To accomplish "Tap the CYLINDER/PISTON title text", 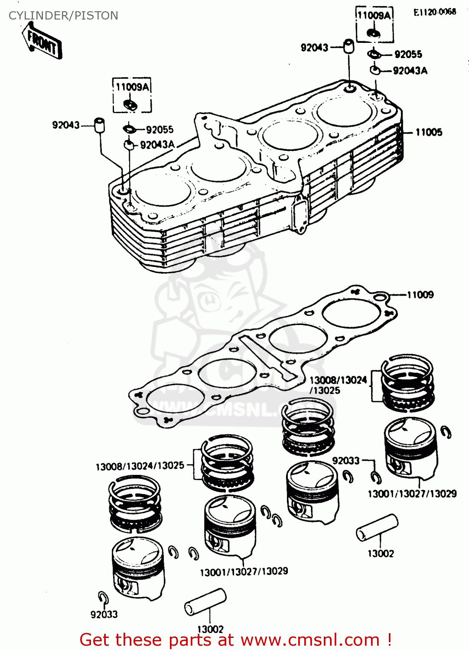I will [x=63, y=16].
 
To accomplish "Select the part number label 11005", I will [x=429, y=132].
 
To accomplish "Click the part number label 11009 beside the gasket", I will [x=420, y=295].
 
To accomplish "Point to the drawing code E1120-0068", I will [x=434, y=12].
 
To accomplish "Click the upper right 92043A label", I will [x=410, y=71].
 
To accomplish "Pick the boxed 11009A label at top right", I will [x=374, y=16].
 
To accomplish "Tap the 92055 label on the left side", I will [x=160, y=130].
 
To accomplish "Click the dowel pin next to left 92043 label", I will [x=100, y=125].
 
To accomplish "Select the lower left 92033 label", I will [x=104, y=614].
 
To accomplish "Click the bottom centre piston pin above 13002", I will [x=205, y=602].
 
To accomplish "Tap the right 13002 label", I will [x=381, y=553].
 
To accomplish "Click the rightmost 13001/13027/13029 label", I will [x=412, y=494].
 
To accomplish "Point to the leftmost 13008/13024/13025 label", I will [x=140, y=466].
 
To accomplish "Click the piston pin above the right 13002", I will [x=377, y=527].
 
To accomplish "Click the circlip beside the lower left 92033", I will [x=103, y=597].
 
